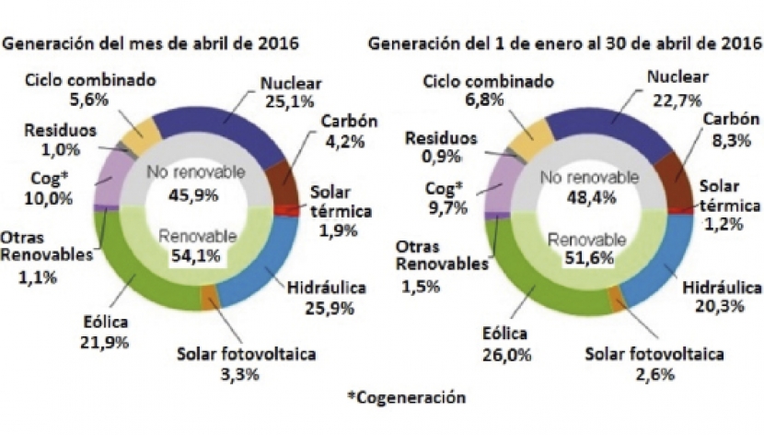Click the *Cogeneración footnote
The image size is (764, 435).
(406, 397)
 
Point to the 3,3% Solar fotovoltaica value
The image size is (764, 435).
(237, 373)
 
